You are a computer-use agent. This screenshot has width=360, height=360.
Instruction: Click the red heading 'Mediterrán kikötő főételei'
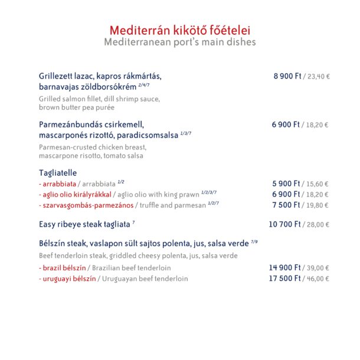[x=179, y=31]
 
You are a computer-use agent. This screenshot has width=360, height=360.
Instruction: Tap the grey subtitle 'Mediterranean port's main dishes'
[x=179, y=42]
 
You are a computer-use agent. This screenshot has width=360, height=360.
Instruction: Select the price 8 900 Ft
[x=287, y=76]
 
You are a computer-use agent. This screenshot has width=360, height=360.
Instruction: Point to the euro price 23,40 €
[x=318, y=76]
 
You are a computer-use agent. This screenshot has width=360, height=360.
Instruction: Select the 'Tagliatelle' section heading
[x=58, y=172]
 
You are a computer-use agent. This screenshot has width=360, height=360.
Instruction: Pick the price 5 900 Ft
[x=286, y=184]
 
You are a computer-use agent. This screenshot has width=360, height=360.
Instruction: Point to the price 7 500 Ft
[x=286, y=205]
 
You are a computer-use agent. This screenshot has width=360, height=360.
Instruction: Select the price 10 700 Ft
[x=285, y=224]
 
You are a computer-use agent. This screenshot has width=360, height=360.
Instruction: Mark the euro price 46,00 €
[x=318, y=279]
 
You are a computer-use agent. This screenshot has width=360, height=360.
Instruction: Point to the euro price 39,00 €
[x=318, y=267]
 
